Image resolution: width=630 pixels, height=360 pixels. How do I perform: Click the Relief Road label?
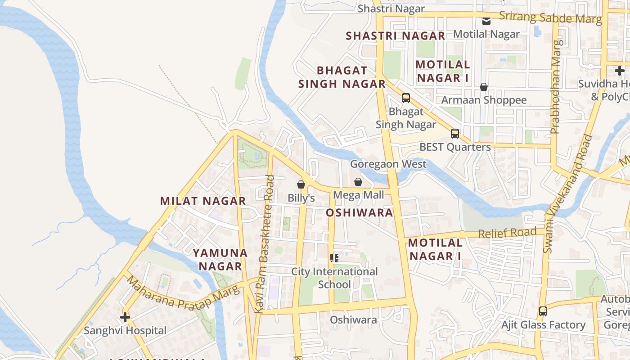point(507,233)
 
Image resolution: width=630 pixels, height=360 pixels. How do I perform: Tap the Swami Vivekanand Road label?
point(568,193)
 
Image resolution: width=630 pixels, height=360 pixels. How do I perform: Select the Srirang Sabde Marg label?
point(550,17)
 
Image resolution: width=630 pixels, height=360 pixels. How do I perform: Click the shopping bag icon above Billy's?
point(301,184)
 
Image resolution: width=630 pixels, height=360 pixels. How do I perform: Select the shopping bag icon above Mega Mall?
point(358,182)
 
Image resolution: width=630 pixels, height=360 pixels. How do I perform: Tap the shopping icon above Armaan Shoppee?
point(484,87)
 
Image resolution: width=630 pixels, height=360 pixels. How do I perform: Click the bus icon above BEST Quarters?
point(455,134)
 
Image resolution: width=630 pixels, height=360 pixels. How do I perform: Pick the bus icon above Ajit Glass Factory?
point(543,311)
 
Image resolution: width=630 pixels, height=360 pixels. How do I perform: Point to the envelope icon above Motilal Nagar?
point(486,21)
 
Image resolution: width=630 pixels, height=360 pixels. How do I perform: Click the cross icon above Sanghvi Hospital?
point(125,317)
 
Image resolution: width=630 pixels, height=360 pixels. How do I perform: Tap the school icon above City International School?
point(334,258)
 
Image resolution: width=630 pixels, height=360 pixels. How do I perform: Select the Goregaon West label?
point(388,164)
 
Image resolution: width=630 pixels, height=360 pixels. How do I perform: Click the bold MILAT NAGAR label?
point(203,201)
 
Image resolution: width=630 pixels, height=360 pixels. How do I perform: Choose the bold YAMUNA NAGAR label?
point(220,260)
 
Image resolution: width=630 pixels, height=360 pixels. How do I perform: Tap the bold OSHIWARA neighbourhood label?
point(359,213)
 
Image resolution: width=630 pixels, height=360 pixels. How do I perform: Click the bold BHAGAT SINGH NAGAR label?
point(342,77)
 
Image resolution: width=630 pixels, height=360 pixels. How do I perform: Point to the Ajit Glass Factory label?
point(544,325)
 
